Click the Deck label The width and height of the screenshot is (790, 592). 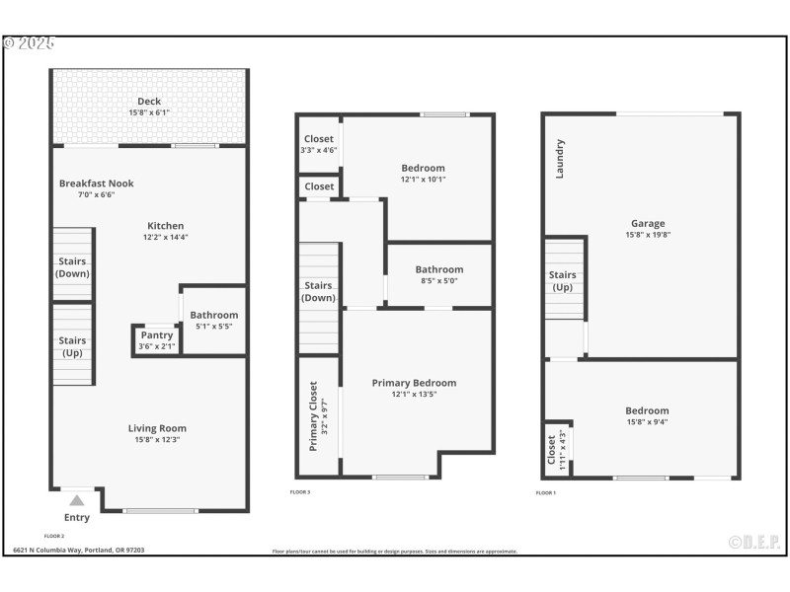(x=149, y=101)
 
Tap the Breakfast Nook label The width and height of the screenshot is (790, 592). (x=96, y=184)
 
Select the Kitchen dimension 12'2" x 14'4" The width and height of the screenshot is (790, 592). (x=165, y=238)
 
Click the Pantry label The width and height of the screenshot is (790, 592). (x=157, y=335)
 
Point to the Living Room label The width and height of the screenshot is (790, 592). (x=157, y=428)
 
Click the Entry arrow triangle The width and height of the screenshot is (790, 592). (x=77, y=500)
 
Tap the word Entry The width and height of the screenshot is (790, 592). (x=77, y=517)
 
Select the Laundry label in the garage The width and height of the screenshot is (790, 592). (x=560, y=158)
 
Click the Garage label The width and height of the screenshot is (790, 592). (x=648, y=223)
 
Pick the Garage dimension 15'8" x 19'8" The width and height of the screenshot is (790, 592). (x=648, y=235)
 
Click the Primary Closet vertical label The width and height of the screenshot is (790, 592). (x=314, y=416)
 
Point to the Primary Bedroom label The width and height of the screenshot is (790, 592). (x=414, y=383)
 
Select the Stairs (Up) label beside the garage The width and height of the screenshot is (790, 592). (x=562, y=281)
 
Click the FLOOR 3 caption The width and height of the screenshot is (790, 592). (x=299, y=491)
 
